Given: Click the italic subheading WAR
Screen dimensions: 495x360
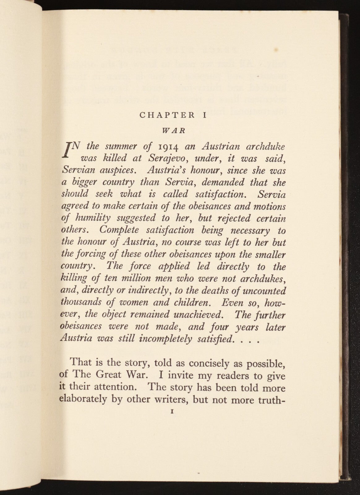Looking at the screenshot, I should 174,130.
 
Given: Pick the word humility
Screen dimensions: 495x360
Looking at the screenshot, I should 92,218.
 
